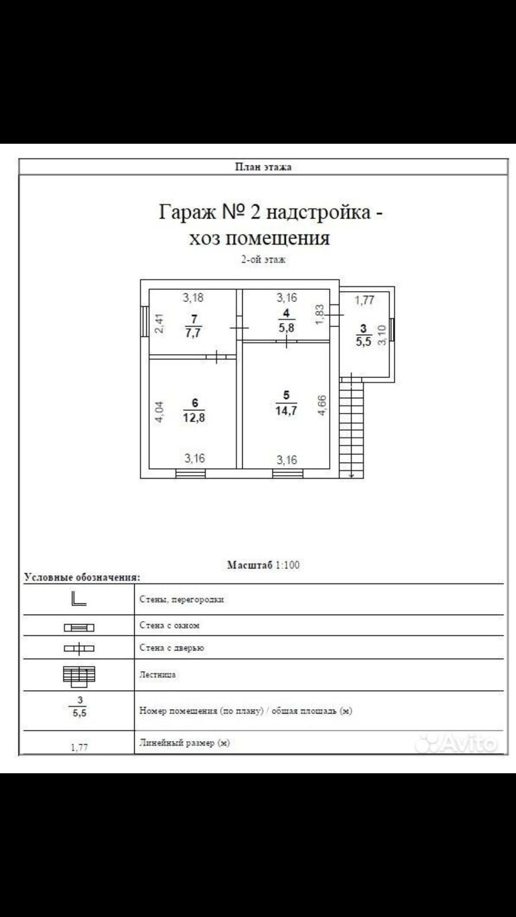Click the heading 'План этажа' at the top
pos(263,167)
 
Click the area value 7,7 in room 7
pos(193,332)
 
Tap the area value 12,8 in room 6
pos(194,417)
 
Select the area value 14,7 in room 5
pos(286,410)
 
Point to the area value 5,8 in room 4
pos(286,328)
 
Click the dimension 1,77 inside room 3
pos(364,300)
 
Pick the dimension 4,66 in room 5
pos(322,406)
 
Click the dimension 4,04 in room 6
pos(159,412)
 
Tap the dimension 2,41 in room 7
pos(161,323)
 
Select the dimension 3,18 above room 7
pos(193,297)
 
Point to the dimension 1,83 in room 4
pos(320,314)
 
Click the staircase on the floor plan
pos(351,427)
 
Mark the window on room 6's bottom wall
pos(190,473)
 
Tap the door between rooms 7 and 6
pos(216,357)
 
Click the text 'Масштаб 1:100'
pos(263,565)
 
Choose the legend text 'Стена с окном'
pos(169,625)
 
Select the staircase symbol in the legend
pos(79,676)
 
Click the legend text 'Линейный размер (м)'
pos(184,743)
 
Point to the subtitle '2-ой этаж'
pos(263,260)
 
